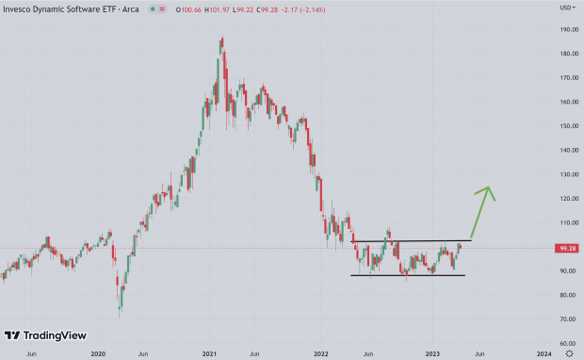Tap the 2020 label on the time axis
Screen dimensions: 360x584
(x=98, y=352)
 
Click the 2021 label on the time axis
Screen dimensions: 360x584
(x=209, y=352)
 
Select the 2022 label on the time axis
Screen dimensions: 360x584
(x=321, y=352)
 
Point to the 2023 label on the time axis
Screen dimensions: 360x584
(x=432, y=352)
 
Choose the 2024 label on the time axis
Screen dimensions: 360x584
(x=544, y=352)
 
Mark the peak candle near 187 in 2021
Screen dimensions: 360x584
(x=221, y=40)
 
